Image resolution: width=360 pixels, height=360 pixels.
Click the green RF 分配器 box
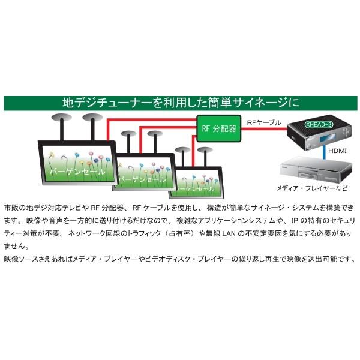pos(219,128)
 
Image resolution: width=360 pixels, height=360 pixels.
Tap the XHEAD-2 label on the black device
pos(319,125)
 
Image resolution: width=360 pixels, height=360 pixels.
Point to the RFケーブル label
pos(264,122)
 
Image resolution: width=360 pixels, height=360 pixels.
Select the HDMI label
pos(337,151)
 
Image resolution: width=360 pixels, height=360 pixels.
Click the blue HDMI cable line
pos(324,152)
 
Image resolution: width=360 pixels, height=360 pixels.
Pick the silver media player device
pos(316,169)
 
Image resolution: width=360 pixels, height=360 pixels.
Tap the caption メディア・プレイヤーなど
pos(312,188)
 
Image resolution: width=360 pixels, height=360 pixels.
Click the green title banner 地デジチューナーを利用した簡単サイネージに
pos(181,103)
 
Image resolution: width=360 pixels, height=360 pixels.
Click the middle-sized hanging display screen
pos(145,172)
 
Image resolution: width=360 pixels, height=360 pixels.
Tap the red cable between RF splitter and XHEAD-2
pos(264,129)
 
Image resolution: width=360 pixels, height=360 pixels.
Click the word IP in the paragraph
pos(295,221)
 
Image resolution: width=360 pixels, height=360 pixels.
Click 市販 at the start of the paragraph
pos(11,208)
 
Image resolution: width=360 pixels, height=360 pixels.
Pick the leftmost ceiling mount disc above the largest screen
pos(61,118)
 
